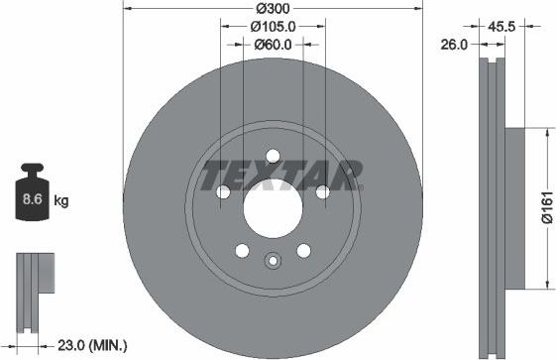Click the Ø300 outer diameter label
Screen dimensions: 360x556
pyautogui.click(x=272, y=9)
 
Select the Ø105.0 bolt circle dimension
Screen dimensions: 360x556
pyautogui.click(x=272, y=27)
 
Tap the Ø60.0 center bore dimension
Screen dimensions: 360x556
pyautogui.click(x=272, y=44)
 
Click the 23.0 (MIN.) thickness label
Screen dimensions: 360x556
pyautogui.click(x=91, y=345)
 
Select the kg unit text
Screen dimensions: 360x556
pyautogui.click(x=60, y=201)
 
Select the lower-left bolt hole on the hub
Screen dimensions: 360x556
pyautogui.click(x=240, y=252)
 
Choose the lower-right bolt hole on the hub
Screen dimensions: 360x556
pyautogui.click(x=302, y=252)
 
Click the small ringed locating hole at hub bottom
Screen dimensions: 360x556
pyautogui.click(x=272, y=261)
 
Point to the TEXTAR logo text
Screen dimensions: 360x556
pyautogui.click(x=281, y=177)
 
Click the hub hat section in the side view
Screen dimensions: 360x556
pyautogui.click(x=514, y=207)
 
